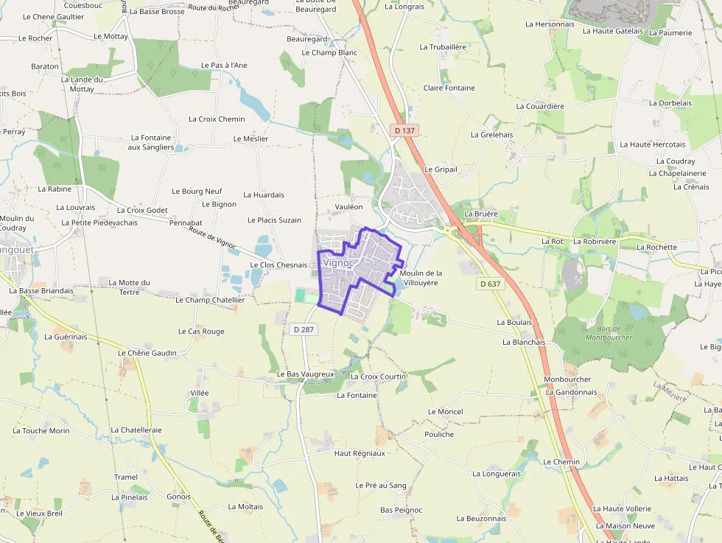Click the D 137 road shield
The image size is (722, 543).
(404, 130)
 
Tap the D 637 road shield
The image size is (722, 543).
(490, 284)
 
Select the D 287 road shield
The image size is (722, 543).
(304, 329)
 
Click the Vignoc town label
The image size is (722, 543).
(339, 262)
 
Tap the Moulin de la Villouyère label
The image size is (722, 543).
(421, 277)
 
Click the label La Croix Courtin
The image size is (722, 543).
(379, 376)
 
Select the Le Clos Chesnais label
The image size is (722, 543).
(278, 265)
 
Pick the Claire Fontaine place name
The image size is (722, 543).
(449, 88)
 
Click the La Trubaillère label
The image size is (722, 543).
(443, 46)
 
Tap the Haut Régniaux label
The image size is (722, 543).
(360, 453)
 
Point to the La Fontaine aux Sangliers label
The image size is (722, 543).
(151, 142)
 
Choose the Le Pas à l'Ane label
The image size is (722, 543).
(224, 65)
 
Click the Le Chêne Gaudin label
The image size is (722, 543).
(147, 353)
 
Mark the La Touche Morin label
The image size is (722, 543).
(41, 430)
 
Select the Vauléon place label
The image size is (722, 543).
(348, 207)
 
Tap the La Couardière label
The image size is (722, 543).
(540, 106)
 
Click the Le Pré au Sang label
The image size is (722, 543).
(381, 486)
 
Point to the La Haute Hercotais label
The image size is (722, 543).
(653, 144)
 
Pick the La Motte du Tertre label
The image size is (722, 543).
(129, 287)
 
